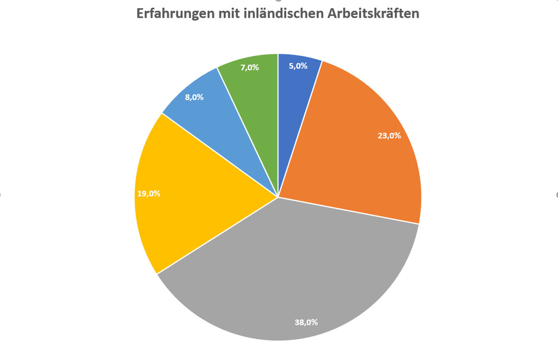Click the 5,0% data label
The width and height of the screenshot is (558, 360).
(298, 66)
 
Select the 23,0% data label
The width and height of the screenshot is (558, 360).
(389, 136)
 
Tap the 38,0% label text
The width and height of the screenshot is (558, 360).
(306, 322)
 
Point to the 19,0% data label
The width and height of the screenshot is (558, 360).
(149, 194)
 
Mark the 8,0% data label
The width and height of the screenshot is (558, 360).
(194, 97)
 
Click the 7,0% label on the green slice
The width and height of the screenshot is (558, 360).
(250, 67)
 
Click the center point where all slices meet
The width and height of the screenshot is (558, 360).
(278, 197)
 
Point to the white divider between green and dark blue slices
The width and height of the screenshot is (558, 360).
(278, 124)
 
